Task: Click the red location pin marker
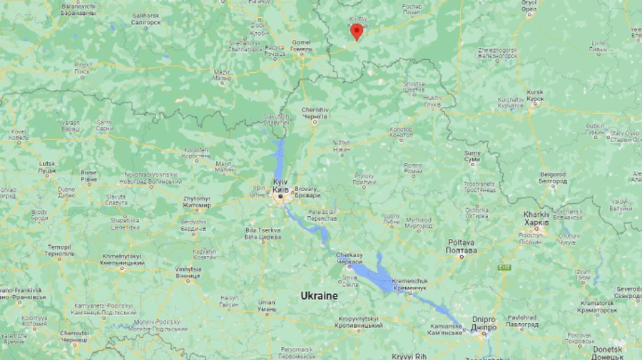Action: coord(356,31)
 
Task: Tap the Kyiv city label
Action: coord(280,187)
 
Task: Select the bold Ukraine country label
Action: coord(319,295)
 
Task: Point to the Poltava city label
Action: coord(462,247)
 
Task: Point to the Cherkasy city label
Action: coord(349,258)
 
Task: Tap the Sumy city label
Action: coord(472,156)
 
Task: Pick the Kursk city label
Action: coord(535,96)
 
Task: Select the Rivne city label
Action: coord(88,175)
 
